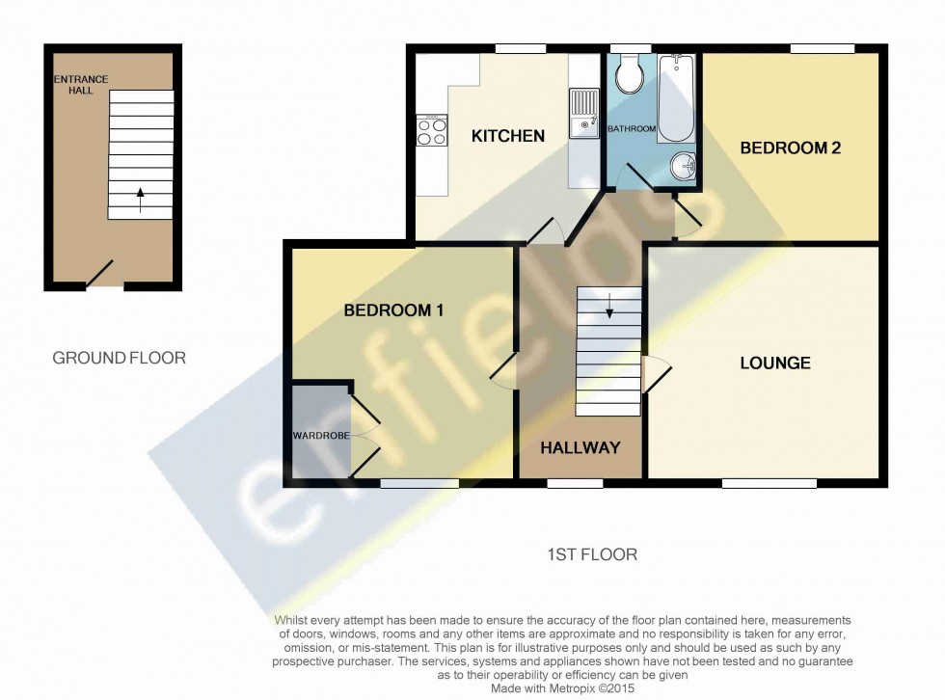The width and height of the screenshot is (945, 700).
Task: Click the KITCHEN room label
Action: (x=507, y=136)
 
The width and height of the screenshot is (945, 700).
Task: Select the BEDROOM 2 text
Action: (x=784, y=148)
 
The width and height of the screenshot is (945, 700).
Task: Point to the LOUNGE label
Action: (x=774, y=363)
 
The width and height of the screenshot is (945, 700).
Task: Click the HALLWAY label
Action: (x=580, y=447)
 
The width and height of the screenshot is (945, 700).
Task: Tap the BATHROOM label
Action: (x=632, y=129)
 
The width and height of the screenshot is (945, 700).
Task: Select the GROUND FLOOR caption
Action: (x=119, y=358)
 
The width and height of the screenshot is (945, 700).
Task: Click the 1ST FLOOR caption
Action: (x=591, y=554)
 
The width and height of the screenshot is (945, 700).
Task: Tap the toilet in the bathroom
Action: (x=632, y=75)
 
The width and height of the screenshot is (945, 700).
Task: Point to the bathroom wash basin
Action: (x=684, y=167)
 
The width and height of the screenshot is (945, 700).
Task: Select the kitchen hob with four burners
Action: (x=431, y=130)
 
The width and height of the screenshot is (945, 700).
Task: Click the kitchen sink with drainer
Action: (x=584, y=115)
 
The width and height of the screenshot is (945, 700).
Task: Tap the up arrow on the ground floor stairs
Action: (x=141, y=200)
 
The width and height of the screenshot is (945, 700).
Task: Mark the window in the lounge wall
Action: (x=769, y=483)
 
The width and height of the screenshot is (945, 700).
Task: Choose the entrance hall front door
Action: (x=101, y=274)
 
